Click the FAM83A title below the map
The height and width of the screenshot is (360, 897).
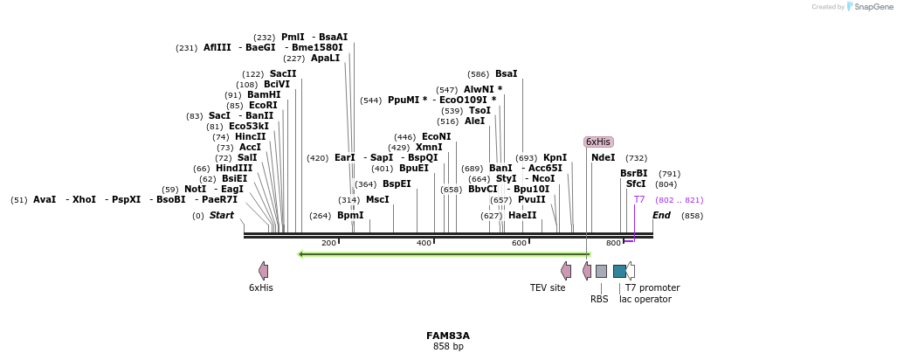pyautogui.click(x=447, y=336)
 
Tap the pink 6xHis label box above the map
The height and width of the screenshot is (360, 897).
pyautogui.click(x=598, y=142)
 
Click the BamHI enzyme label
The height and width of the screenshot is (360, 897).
pyautogui.click(x=264, y=95)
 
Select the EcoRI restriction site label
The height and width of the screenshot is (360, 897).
pyautogui.click(x=263, y=106)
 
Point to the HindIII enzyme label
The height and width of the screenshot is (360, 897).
pyautogui.click(x=234, y=169)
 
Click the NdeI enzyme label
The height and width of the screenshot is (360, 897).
pyautogui.click(x=604, y=158)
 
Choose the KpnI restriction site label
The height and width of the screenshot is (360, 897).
pyautogui.click(x=555, y=158)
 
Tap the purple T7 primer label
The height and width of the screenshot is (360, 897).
pyautogui.click(x=639, y=200)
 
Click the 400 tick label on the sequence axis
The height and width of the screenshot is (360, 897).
pyautogui.click(x=424, y=243)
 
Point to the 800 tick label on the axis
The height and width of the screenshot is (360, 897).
pyautogui.click(x=613, y=243)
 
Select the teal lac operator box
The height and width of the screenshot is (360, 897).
pyautogui.click(x=619, y=271)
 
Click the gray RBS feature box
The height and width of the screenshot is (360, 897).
pyautogui.click(x=601, y=271)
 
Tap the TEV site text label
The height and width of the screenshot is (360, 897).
pyautogui.click(x=548, y=287)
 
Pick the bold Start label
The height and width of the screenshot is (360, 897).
pyautogui.click(x=222, y=216)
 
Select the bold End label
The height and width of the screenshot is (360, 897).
pyautogui.click(x=661, y=216)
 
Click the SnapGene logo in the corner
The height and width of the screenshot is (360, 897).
pyautogui.click(x=868, y=7)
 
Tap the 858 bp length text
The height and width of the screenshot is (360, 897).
pyautogui.click(x=448, y=347)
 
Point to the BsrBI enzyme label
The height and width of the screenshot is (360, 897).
pyautogui.click(x=634, y=174)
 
